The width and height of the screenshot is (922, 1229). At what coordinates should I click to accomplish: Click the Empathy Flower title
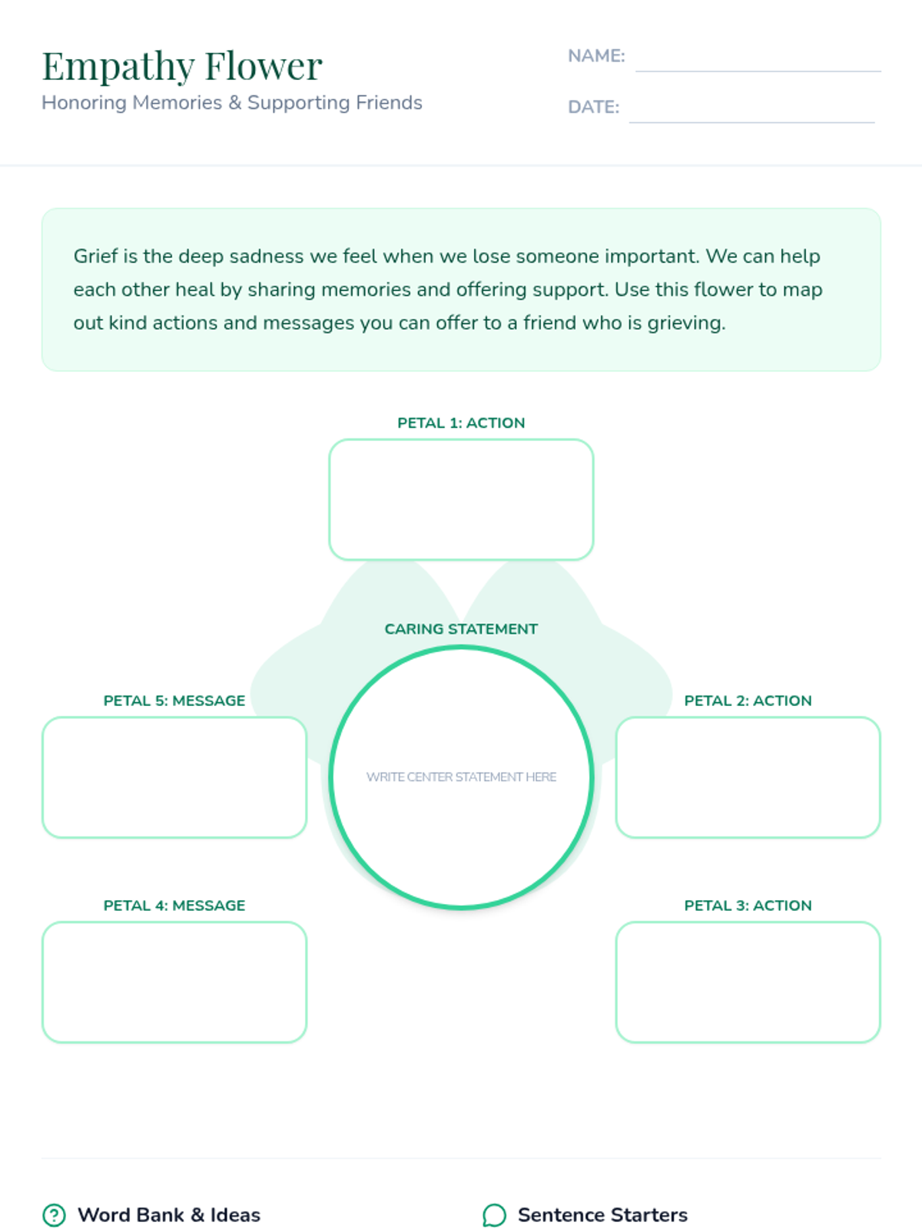(182, 66)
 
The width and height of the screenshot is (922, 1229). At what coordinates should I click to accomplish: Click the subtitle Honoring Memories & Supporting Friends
(232, 103)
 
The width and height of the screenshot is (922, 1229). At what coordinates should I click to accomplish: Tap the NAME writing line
(758, 61)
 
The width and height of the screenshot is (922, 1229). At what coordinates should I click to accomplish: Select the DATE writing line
(751, 112)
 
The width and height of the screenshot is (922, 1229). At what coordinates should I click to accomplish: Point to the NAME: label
(596, 56)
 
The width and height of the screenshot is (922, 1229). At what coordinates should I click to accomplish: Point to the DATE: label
(593, 107)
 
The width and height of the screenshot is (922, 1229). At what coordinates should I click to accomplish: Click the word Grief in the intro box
(95, 256)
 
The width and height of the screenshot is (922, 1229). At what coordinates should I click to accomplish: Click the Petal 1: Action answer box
(461, 499)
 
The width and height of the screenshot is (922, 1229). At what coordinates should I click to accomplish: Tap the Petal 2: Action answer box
(748, 777)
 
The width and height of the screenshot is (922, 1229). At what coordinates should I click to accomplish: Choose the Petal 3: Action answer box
(748, 982)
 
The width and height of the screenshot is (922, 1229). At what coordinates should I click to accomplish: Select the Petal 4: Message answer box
(174, 982)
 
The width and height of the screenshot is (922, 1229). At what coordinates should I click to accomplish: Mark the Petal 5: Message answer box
(174, 777)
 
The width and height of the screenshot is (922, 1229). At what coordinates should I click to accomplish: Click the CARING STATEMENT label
(461, 629)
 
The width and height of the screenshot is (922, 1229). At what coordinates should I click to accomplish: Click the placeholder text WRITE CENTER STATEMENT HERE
(461, 777)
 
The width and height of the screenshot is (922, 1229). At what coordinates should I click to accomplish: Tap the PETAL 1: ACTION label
(461, 423)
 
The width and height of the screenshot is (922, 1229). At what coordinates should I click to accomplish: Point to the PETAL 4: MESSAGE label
(174, 906)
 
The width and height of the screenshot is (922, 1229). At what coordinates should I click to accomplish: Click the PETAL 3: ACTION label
(748, 906)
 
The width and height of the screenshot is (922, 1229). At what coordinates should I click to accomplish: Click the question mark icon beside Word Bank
(54, 1215)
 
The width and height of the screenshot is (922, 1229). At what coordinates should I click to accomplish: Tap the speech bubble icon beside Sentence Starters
(494, 1215)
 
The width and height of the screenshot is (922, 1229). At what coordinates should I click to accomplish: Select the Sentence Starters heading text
(602, 1215)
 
